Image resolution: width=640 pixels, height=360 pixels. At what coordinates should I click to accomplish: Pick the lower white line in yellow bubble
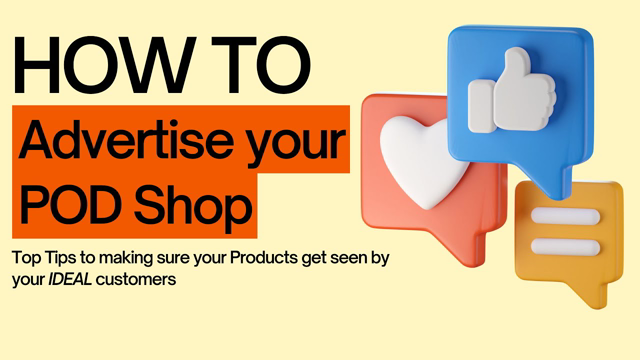pyautogui.click(x=564, y=244)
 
